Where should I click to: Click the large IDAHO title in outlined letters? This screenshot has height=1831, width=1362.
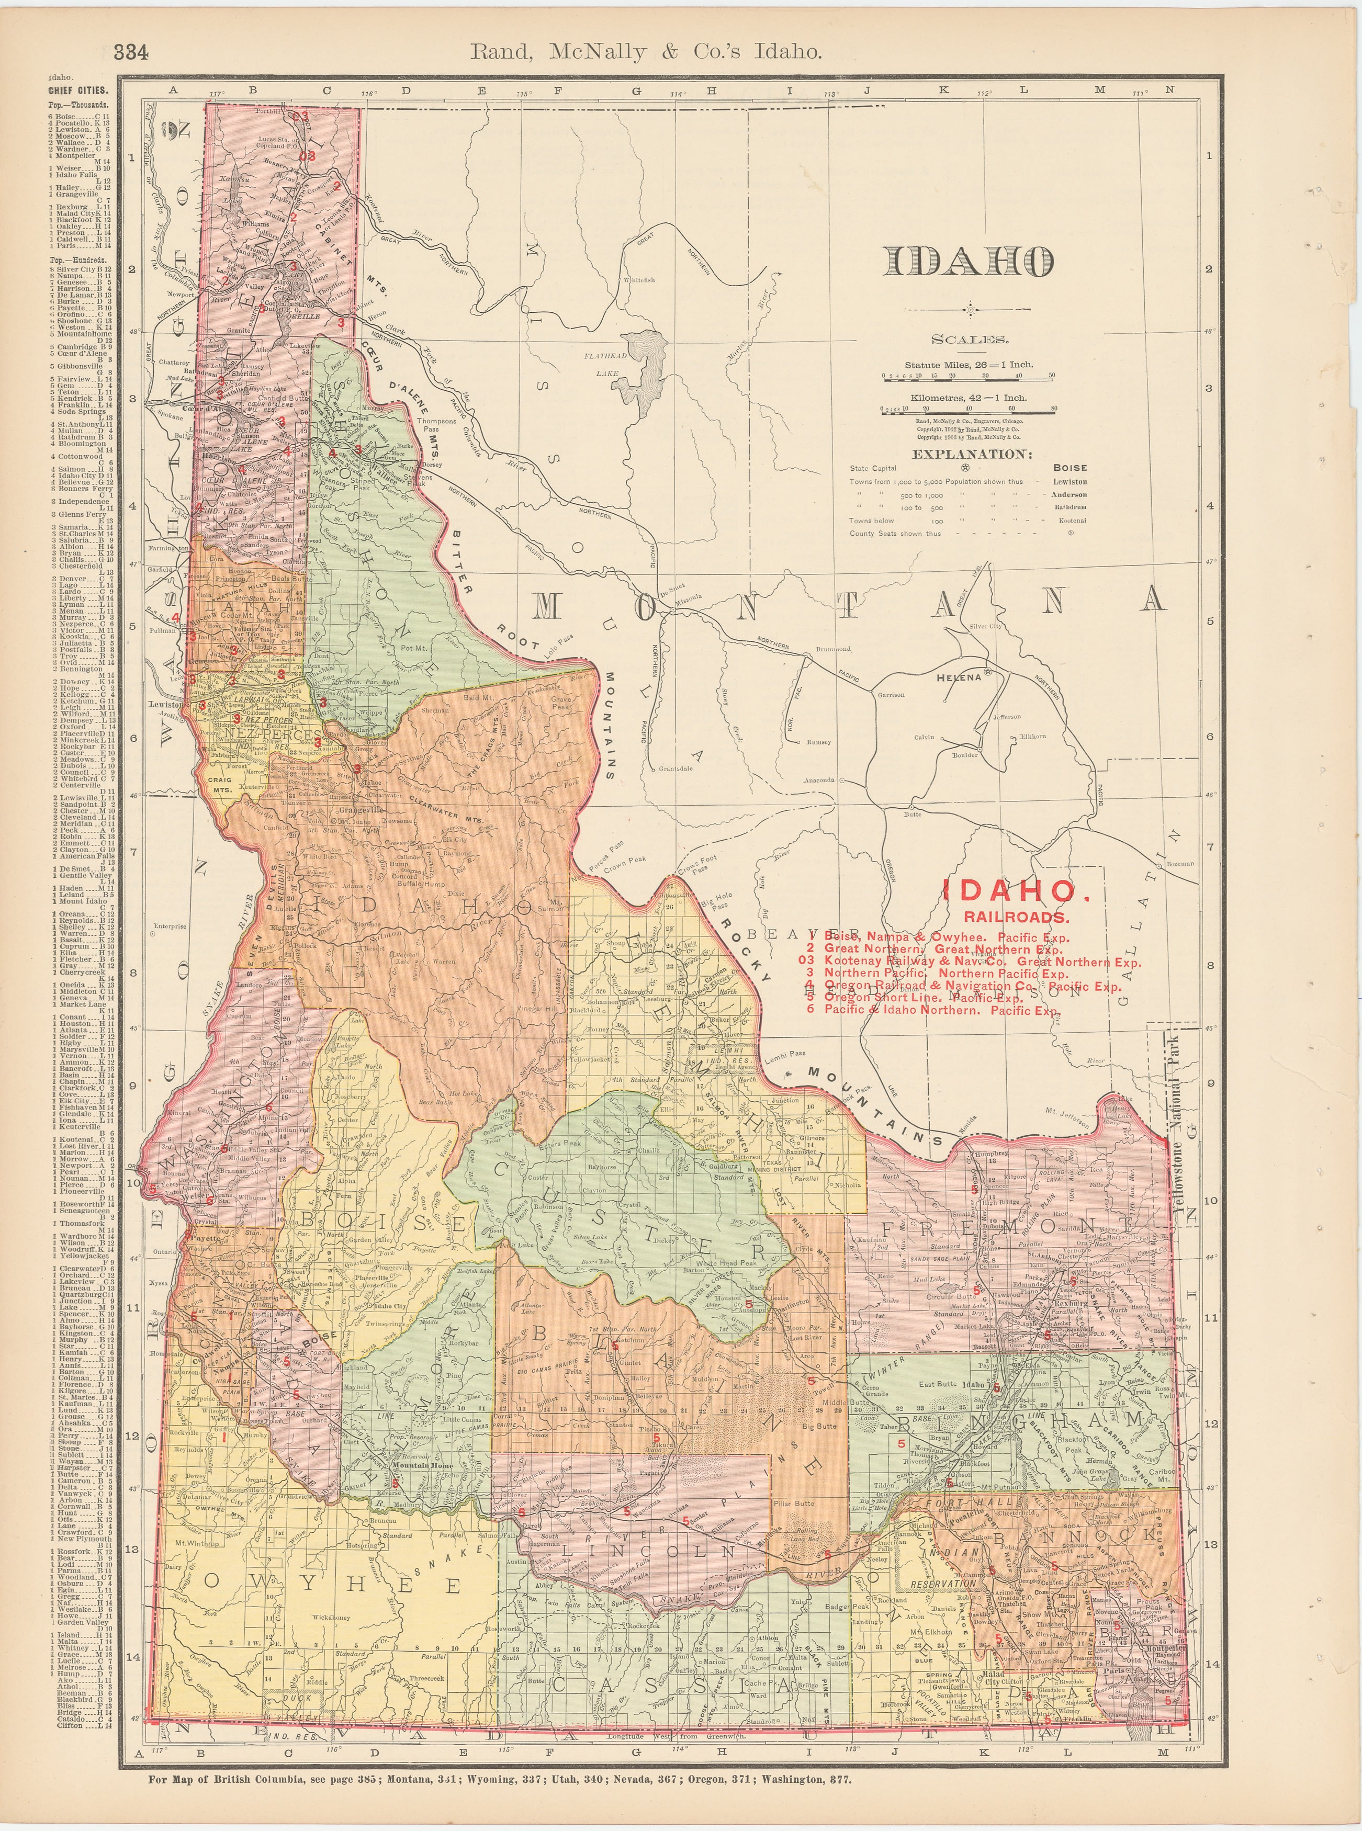[x=968, y=262]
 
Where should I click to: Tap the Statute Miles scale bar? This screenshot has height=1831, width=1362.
[x=968, y=377]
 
